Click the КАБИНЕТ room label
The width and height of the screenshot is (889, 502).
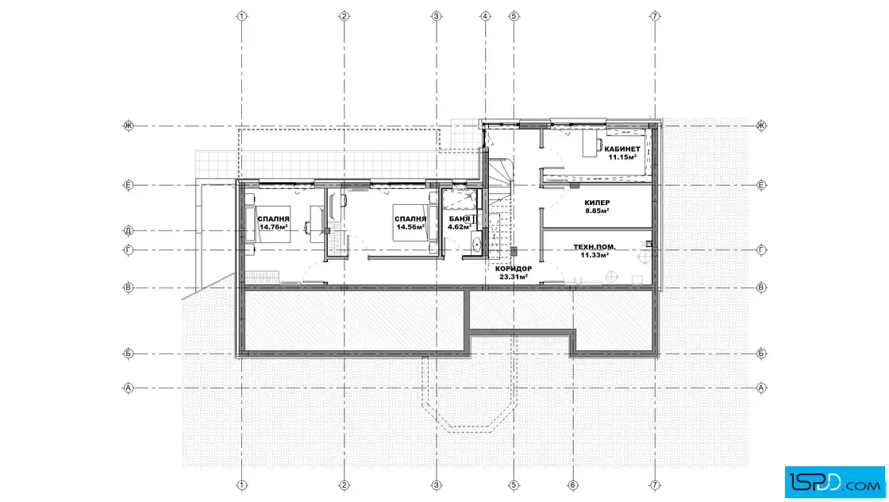pos(622,149)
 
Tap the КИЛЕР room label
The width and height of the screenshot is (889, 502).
pos(597,203)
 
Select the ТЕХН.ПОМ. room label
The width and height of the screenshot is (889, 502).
pos(595,247)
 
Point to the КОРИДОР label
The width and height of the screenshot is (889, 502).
pos(514,268)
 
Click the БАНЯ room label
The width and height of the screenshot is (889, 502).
pos(460,219)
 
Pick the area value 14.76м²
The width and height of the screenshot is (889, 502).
pos(273,227)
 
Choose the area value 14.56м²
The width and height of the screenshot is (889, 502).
pos(410,227)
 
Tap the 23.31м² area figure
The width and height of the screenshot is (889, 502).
pos(514,276)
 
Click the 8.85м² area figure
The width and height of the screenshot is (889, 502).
pos(597,210)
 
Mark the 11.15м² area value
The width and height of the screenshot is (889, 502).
pos(622,157)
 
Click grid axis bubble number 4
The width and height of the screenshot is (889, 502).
pos(485,16)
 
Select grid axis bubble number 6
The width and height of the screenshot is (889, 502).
pos(572,485)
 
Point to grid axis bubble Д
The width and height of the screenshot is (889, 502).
pos(128,230)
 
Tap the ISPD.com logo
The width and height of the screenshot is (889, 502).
pos(834,482)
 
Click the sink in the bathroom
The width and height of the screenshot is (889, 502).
pos(476,244)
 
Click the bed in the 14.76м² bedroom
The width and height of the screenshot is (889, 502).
pos(267,223)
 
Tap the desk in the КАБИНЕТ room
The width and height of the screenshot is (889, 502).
pos(591,143)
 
